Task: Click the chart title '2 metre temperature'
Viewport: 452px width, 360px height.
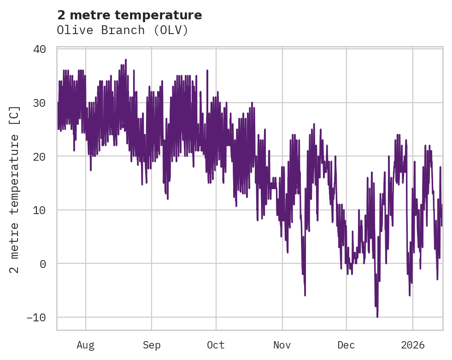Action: click(x=129, y=15)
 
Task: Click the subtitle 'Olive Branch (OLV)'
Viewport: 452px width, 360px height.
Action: click(x=123, y=30)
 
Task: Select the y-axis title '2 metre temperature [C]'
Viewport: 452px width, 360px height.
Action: click(x=15, y=189)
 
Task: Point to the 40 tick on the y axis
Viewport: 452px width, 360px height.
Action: click(x=40, y=49)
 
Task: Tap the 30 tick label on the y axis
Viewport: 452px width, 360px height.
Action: click(x=40, y=103)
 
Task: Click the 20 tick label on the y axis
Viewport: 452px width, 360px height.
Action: click(x=40, y=157)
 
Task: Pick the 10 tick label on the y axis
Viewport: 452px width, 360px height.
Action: click(x=40, y=210)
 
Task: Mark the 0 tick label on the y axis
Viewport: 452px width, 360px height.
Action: click(x=43, y=264)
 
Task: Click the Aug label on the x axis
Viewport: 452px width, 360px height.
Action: click(x=85, y=345)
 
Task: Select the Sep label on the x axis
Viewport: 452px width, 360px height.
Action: click(x=151, y=345)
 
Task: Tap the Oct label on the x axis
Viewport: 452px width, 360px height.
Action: click(x=216, y=345)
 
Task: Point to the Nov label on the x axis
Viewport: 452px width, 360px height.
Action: click(x=282, y=345)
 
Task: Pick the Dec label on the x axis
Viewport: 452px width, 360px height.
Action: click(x=346, y=345)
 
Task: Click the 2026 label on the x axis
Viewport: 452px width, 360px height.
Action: click(x=412, y=345)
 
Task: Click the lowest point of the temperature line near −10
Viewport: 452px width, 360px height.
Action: click(x=377, y=317)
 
